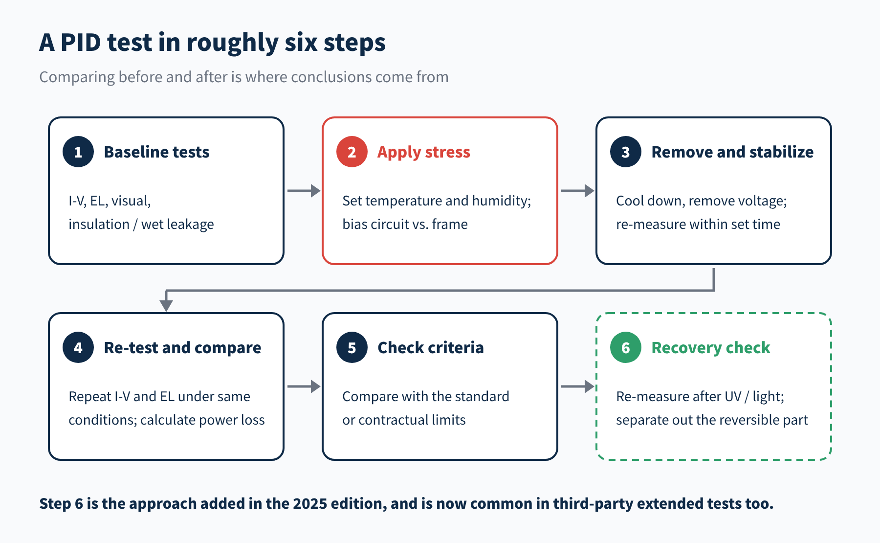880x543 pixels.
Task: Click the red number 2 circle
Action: pos(352,152)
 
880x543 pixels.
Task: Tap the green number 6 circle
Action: pos(626,347)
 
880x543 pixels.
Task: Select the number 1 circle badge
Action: pos(78,152)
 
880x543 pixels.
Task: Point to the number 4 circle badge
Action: pos(78,347)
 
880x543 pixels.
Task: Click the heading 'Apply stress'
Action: pos(424,152)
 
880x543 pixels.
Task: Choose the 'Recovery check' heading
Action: pos(711,348)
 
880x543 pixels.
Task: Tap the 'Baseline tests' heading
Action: pos(157,152)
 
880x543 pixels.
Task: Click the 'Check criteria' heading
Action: pos(431,348)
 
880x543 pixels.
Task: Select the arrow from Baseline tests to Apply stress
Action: pos(304,191)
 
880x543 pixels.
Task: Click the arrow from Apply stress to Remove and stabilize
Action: pos(578,191)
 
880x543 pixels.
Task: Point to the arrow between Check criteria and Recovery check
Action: pos(578,386)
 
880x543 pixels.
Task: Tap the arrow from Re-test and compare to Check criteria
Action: pos(304,386)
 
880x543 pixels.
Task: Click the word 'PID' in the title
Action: pos(81,43)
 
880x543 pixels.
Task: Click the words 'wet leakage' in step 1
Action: pos(177,224)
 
